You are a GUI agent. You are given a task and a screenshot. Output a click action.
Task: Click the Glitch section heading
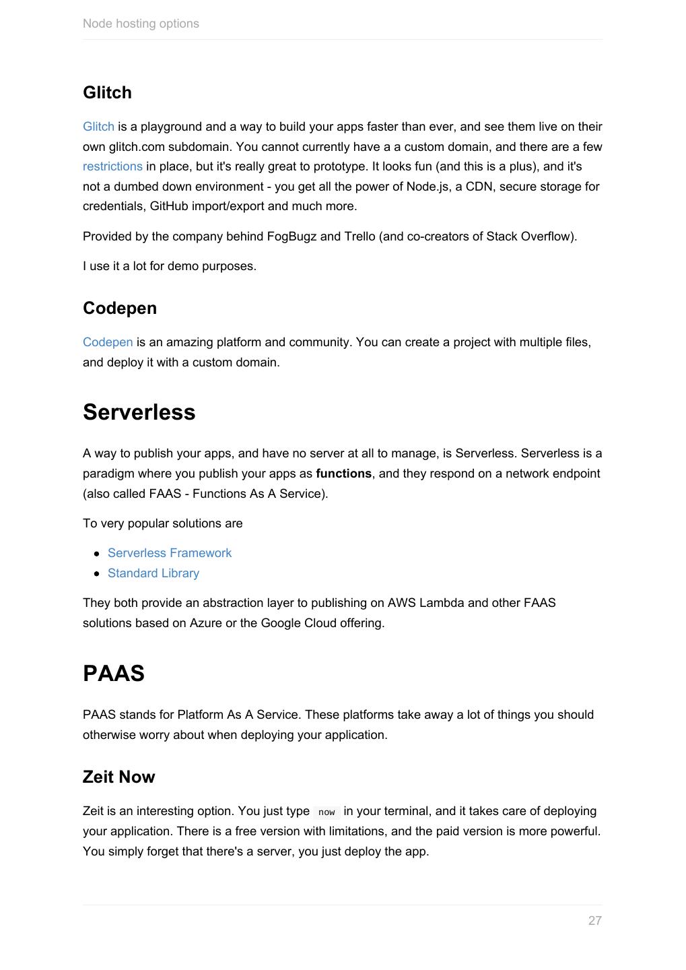(x=107, y=92)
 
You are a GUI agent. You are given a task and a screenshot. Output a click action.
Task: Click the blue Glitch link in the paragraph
(x=98, y=127)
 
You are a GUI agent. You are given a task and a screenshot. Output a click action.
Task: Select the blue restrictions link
(x=112, y=166)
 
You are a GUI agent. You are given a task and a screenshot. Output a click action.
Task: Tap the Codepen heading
(x=120, y=308)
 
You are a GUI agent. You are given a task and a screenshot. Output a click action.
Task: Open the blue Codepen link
(x=108, y=342)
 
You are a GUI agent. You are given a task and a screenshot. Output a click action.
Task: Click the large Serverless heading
(x=139, y=412)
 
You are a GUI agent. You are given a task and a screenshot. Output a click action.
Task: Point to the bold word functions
(x=343, y=474)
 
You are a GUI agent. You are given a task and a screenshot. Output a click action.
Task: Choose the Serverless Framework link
(x=170, y=553)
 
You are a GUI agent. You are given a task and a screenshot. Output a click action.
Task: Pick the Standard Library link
(x=153, y=573)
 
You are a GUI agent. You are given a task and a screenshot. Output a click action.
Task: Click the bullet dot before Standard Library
(x=97, y=573)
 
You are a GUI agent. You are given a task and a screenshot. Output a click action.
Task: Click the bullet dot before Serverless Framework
(x=97, y=553)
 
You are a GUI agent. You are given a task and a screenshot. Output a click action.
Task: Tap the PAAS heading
(x=113, y=673)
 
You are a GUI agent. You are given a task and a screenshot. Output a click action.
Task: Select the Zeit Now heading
(x=118, y=777)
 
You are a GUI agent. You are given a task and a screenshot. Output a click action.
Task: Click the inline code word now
(x=327, y=812)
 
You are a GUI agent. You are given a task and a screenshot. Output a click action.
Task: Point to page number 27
(x=594, y=921)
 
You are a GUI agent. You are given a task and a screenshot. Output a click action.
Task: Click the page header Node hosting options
(x=141, y=24)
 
